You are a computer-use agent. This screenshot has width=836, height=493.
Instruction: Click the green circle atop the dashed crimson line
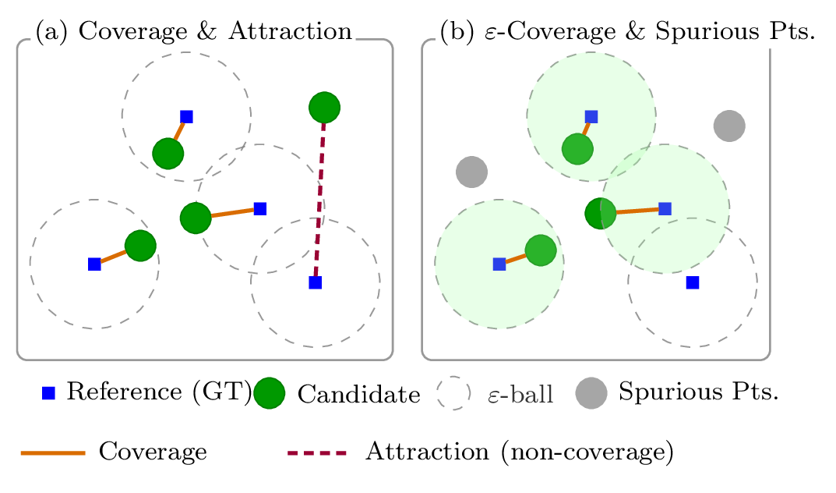pos(324,107)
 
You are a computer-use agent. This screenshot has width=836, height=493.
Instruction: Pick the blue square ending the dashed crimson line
pos(315,282)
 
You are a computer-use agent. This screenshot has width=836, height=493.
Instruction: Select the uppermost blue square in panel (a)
pos(186,116)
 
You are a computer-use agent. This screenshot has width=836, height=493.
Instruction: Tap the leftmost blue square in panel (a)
pos(94,264)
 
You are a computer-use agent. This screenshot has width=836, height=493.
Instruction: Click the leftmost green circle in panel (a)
pos(140,246)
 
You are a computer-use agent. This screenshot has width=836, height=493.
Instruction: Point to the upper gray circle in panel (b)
pos(729,126)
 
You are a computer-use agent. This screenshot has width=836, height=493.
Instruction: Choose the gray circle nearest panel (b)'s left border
pos(471,172)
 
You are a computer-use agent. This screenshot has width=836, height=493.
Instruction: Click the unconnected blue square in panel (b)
pos(692,282)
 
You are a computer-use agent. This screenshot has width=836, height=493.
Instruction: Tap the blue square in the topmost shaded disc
pos(591,116)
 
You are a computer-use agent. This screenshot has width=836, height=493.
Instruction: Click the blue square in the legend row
pos(48,393)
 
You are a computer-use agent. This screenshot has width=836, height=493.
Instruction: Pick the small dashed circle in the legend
pos(453,393)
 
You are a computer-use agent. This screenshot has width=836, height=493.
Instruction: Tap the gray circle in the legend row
pos(591,393)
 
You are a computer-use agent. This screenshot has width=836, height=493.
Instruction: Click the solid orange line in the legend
pos(53,452)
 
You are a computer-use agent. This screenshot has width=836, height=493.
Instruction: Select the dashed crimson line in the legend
pos(317,452)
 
